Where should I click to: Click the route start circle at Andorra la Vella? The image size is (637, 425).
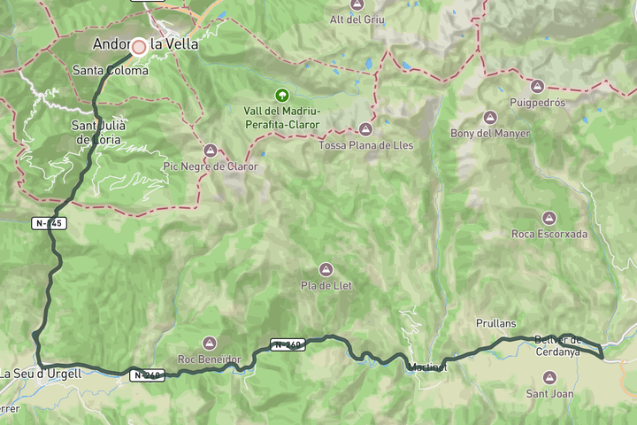[139, 45]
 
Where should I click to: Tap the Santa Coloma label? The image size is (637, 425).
[111, 70]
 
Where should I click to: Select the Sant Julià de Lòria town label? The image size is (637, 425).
[99, 132]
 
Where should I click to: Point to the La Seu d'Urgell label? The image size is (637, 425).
[41, 374]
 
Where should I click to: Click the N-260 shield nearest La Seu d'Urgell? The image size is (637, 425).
[148, 375]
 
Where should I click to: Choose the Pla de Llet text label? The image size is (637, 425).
[326, 285]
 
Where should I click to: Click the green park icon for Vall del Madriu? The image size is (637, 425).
[281, 95]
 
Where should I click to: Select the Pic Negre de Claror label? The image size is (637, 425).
[211, 166]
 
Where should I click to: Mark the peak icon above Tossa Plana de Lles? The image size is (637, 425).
[365, 129]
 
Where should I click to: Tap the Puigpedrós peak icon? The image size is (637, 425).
[537, 87]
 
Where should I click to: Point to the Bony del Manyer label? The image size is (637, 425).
[490, 134]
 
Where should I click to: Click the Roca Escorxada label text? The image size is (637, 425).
[549, 234]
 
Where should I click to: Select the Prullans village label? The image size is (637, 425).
[495, 324]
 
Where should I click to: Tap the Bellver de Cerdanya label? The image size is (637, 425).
[557, 345]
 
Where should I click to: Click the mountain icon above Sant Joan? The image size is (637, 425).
[549, 378]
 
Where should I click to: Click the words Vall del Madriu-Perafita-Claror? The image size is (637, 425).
[280, 116]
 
